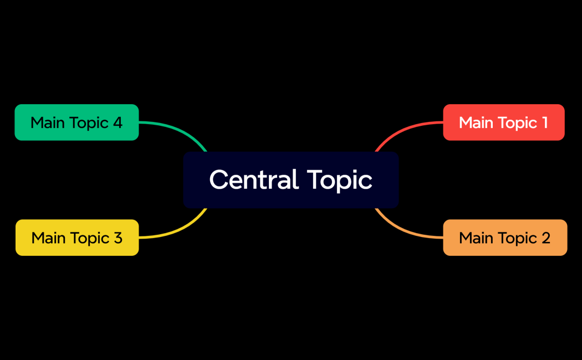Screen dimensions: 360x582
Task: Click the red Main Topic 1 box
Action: point(503,122)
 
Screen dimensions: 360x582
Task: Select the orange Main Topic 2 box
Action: point(505,238)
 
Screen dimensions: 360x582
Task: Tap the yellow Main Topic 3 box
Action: point(77,238)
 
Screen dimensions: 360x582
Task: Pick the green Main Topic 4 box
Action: point(76,122)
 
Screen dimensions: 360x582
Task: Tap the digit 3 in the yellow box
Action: point(118,238)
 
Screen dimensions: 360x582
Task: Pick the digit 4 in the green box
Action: point(117,122)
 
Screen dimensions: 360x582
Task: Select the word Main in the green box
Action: point(48,122)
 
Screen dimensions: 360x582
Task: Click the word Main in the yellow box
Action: point(49,238)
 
